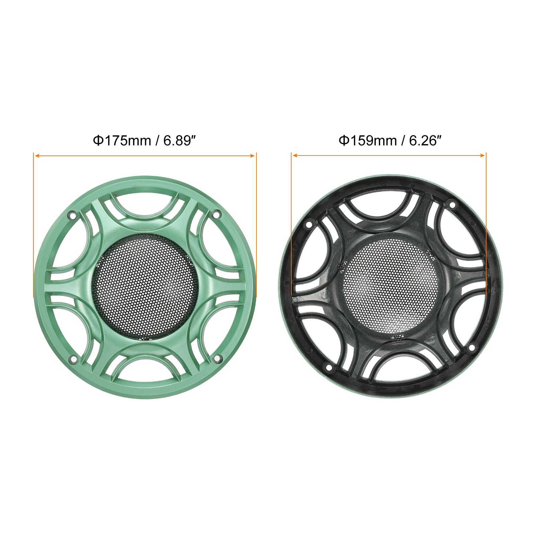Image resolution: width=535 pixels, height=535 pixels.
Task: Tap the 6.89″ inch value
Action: [x=179, y=141]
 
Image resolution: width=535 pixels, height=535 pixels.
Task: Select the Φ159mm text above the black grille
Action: [x=368, y=141]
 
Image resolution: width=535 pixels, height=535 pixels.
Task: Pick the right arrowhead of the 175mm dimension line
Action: [x=252, y=155]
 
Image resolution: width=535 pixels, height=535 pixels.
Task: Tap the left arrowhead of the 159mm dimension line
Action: [x=295, y=155]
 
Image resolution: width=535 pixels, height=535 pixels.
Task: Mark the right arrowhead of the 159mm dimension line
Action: [x=482, y=155]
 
